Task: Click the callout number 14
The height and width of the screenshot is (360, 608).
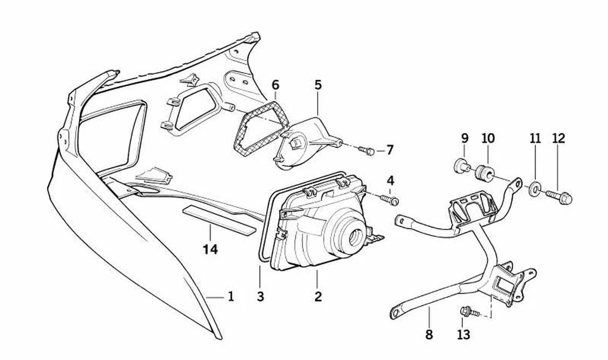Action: [210, 249]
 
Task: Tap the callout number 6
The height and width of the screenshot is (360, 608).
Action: [275, 85]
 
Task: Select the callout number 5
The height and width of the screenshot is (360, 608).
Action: [318, 85]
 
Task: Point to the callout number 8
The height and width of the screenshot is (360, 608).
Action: [429, 335]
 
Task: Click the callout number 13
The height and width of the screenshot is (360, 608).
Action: [463, 335]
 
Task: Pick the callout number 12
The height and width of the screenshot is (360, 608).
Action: [559, 139]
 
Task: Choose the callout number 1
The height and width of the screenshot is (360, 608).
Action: [231, 296]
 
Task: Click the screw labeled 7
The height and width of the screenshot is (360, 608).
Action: [367, 150]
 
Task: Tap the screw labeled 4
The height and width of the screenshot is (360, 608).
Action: [390, 200]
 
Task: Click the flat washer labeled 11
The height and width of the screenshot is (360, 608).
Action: [535, 189]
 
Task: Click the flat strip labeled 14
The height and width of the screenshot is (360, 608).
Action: [219, 220]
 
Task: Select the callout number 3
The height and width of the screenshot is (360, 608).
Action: [260, 296]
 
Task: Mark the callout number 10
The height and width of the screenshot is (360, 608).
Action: [488, 139]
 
